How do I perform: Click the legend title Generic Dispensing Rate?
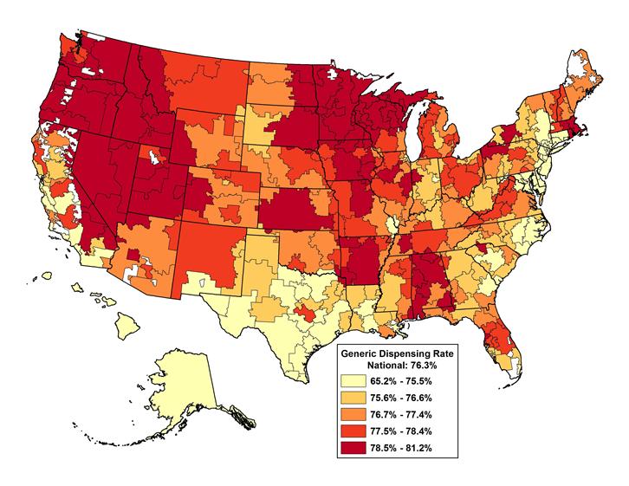[x=398, y=354]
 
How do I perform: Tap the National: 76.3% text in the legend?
[x=398, y=366]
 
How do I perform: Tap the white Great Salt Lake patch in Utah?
[x=153, y=157]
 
